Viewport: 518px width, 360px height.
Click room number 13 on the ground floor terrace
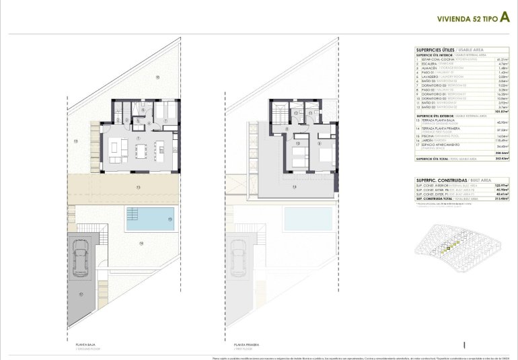click(x=137, y=186)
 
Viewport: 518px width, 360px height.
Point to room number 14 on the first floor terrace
click(x=294, y=186)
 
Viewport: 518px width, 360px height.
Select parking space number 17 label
click(x=79, y=294)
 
